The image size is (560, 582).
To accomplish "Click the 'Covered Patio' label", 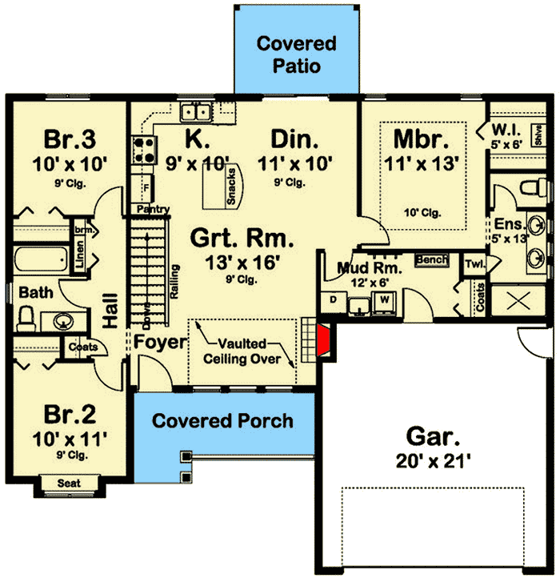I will pos(296,54).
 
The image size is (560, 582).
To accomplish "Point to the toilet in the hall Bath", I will pos(25,319).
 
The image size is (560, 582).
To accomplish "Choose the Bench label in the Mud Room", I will pos(430,260).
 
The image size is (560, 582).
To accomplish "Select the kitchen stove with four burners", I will pos(144,150).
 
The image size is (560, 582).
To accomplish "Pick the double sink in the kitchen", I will pos(195,111).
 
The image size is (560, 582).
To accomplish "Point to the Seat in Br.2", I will pos(68,483).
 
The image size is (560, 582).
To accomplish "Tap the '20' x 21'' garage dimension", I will pos(433,462).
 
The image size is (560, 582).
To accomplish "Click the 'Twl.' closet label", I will pos(475,263).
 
